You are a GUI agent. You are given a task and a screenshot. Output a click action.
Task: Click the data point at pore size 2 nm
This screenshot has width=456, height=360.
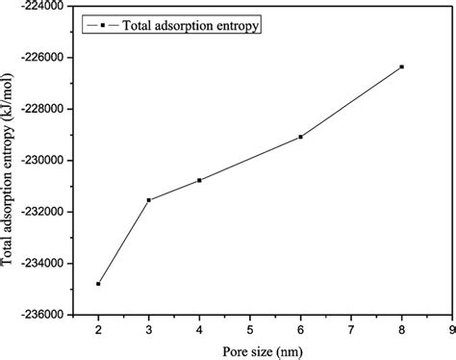point(98,284)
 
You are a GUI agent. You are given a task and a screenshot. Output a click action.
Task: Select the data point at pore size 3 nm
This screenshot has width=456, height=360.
point(149,200)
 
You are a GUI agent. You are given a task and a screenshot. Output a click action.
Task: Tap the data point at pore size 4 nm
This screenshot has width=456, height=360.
point(199,180)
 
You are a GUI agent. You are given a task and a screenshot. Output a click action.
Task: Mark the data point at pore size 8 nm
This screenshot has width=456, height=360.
point(401,66)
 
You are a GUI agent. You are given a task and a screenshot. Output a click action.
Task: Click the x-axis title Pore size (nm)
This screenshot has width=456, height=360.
point(250,347)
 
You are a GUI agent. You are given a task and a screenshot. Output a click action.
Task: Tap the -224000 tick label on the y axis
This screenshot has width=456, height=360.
point(42,6)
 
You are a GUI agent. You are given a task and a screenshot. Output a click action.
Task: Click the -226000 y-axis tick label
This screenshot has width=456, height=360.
point(42,57)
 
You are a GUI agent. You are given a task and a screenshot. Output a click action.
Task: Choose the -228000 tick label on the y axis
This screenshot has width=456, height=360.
point(42,109)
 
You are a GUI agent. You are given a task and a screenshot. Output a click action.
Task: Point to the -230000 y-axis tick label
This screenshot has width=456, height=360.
point(42,160)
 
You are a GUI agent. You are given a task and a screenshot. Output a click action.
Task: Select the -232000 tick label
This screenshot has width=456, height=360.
point(42,211)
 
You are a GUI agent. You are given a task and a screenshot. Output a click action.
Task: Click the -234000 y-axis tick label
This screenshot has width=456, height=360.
point(42,263)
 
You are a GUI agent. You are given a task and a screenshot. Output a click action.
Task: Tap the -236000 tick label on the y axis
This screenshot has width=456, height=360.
point(42,314)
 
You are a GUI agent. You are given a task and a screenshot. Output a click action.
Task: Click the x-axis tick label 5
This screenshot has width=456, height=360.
point(250,328)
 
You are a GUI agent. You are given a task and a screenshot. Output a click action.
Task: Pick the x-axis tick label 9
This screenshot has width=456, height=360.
point(451,328)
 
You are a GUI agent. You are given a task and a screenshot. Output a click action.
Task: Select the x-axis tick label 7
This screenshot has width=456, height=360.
point(351,328)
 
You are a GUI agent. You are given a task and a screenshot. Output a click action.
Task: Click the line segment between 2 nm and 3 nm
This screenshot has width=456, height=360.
point(123,243)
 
